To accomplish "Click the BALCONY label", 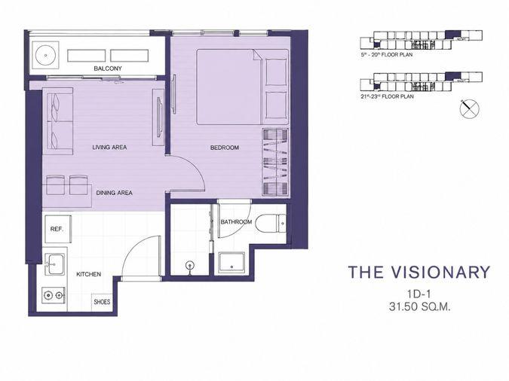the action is click(x=108, y=69).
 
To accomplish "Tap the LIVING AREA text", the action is click(x=109, y=148).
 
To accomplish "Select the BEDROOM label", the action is click(x=224, y=148).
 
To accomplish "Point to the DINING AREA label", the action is click(x=115, y=193).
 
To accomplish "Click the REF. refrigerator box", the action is click(x=58, y=229).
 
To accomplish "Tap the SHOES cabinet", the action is click(x=102, y=302).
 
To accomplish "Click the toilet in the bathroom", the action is click(x=271, y=223).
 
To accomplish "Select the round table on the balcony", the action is click(x=46, y=56).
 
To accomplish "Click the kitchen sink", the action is click(x=54, y=264).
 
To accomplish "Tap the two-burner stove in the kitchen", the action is click(x=54, y=295).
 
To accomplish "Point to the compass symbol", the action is click(x=469, y=109).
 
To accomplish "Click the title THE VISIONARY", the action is click(x=419, y=272).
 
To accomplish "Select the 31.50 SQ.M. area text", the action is click(x=419, y=306).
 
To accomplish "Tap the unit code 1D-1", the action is click(x=419, y=294).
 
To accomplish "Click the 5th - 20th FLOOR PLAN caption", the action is click(x=386, y=55).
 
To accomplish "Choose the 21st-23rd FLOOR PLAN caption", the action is click(x=387, y=96).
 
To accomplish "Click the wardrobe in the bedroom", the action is click(x=275, y=162).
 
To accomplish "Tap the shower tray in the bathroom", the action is click(x=232, y=262).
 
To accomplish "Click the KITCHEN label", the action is click(x=89, y=274).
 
